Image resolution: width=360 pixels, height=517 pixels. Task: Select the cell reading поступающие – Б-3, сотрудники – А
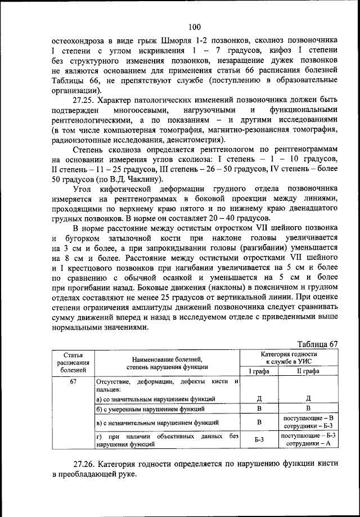click(x=308, y=440)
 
